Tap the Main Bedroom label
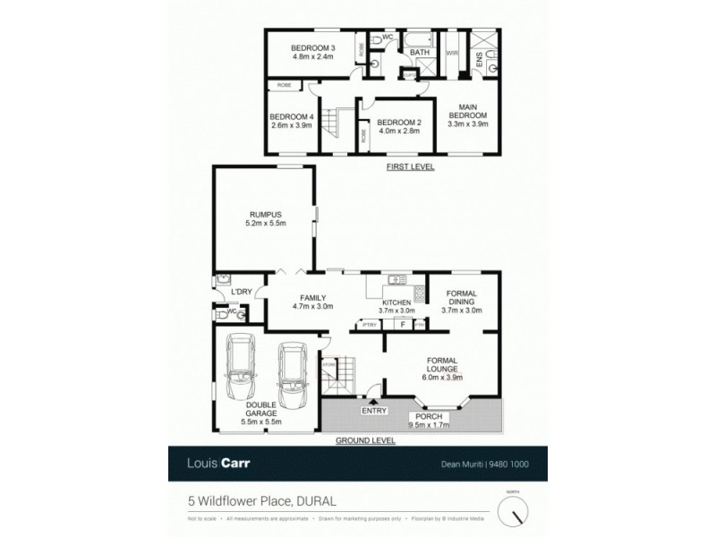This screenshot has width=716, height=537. coord(467,111)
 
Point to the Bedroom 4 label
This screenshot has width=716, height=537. coord(292,116)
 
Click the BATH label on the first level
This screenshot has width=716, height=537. coord(420,53)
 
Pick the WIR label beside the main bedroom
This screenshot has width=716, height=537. coord(451,53)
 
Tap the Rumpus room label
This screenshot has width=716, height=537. coord(266,215)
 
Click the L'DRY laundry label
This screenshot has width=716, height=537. coord(241,292)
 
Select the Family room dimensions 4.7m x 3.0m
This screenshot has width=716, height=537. coord(312,306)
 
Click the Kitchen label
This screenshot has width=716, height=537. coord(396,303)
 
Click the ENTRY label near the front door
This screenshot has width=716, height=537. coord(374,411)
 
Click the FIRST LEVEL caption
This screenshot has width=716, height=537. coord(410,167)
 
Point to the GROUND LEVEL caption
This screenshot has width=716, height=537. coord(364,441)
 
